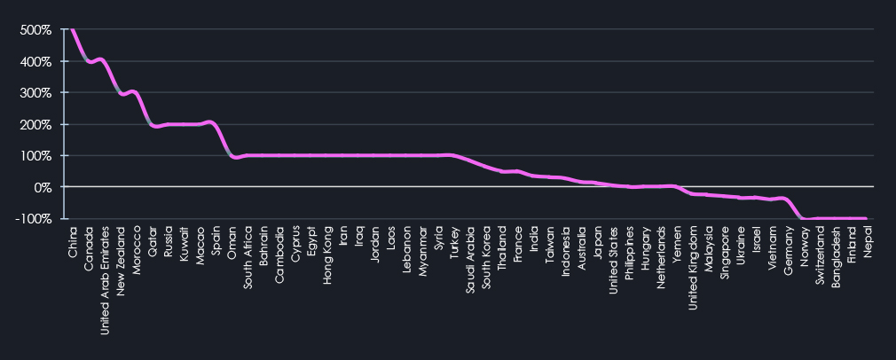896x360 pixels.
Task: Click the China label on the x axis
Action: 73,242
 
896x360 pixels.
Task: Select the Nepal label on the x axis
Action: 867,242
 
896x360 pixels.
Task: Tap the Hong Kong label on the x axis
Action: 328,253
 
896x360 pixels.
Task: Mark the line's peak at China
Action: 73,30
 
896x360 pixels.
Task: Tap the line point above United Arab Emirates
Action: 105,62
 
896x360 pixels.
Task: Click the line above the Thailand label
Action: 502,171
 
